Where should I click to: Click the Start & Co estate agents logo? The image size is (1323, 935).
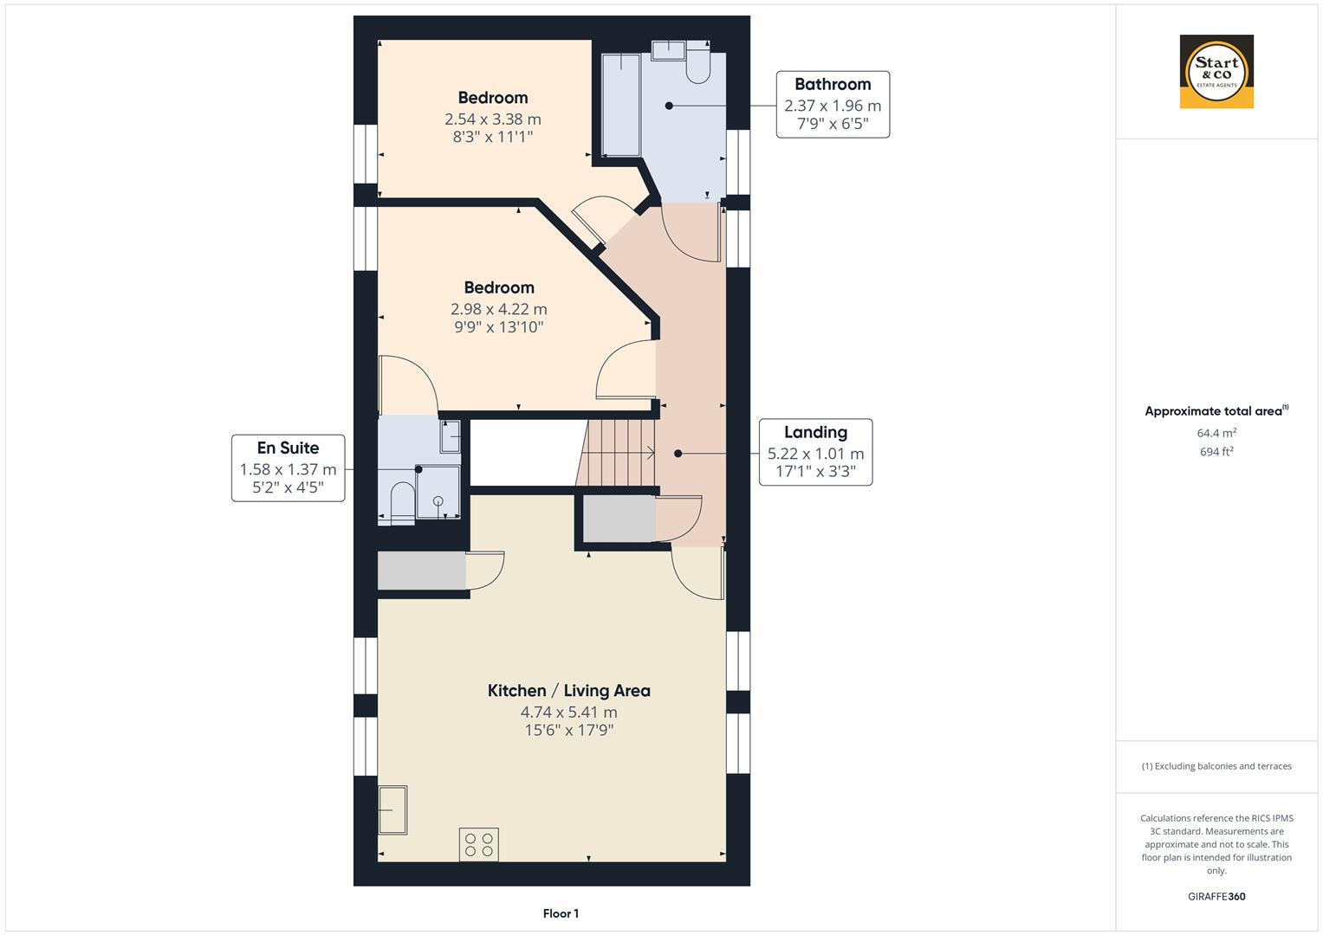pos(1216,71)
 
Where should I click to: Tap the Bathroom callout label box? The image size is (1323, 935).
pos(833,105)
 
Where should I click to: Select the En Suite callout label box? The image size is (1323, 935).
pos(288,468)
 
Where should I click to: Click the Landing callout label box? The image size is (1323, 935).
pos(815,452)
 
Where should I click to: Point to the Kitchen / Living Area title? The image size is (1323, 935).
pos(568,691)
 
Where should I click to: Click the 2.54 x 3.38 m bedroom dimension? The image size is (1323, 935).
pos(493,119)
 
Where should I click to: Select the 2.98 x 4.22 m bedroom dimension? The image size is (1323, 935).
pos(498,309)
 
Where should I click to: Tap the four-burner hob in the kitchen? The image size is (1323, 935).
pos(479,844)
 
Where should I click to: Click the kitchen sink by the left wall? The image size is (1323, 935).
pos(392,809)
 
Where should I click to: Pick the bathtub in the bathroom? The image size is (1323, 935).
pos(621,105)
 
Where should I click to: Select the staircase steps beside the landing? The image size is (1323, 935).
pos(616,453)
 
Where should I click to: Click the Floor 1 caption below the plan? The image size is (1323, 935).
pos(561,913)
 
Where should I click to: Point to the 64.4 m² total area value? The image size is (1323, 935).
pos(1216,433)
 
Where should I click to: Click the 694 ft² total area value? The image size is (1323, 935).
pos(1216,452)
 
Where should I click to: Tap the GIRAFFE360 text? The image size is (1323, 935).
pos(1216,896)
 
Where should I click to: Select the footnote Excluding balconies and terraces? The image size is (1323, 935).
pos(1216,766)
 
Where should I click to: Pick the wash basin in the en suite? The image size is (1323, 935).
pos(450,436)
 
